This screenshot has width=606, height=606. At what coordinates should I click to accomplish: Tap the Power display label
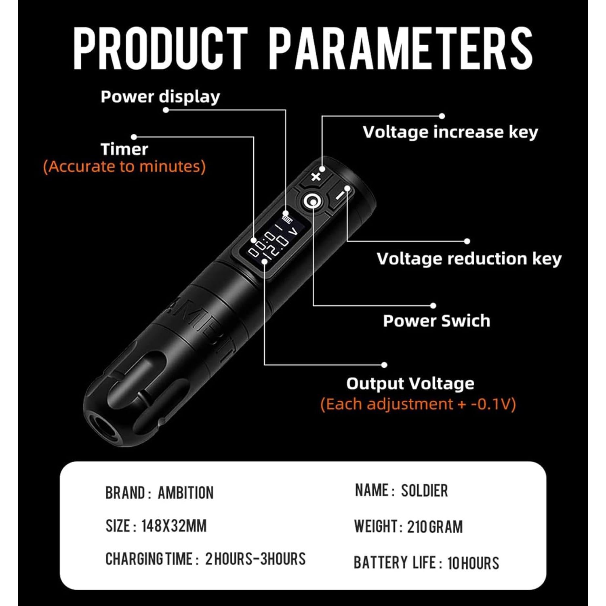pos(160,97)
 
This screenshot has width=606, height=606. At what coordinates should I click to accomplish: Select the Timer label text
pos(124,149)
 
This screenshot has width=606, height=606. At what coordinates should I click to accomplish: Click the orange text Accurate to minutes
pos(124,166)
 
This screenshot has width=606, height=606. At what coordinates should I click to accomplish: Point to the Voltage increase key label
pos(450,132)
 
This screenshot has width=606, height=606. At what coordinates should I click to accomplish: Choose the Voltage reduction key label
pos(469,259)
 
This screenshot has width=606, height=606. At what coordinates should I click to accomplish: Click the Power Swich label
pos(436,321)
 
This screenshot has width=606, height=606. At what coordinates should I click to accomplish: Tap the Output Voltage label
pos(410,383)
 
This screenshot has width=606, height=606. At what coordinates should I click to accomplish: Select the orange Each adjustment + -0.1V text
pos(418,404)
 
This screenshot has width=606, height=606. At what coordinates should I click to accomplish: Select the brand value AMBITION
pos(185,493)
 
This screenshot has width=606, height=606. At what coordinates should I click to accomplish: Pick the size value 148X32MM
pos(174,526)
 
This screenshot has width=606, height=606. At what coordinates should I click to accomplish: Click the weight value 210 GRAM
pos(435,527)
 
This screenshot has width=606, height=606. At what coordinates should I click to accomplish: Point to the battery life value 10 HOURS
pos(473,563)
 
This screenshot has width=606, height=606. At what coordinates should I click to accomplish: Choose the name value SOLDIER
pos(424,491)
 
